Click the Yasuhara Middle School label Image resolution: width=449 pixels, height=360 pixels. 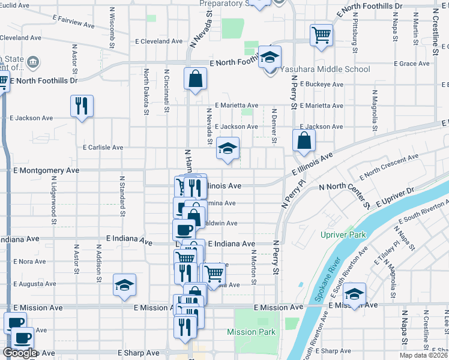pos(328,69)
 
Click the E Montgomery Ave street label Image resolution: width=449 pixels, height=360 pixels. pos(46,170)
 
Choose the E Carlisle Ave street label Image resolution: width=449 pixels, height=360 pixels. pos(103,147)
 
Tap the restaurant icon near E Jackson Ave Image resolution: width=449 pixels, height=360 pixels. pos(82,106)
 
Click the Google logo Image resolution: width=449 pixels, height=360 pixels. pos(20,353)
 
